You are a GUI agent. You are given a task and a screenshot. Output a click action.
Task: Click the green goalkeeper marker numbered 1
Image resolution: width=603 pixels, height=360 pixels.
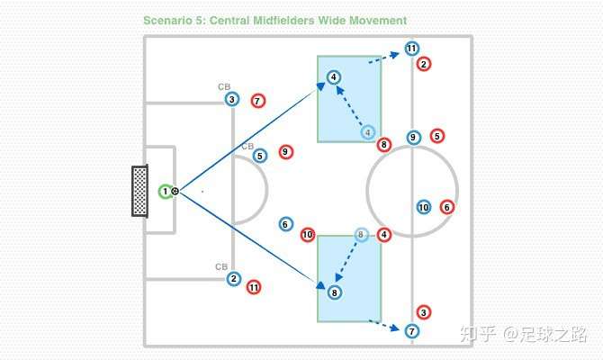pos(165,191)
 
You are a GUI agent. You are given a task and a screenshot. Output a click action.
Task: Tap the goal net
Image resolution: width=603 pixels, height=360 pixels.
pos(139,191)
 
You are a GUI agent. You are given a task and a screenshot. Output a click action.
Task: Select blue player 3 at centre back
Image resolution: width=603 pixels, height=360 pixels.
pos(232,100)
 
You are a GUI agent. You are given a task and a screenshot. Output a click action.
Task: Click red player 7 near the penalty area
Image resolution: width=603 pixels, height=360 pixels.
pos(258,101)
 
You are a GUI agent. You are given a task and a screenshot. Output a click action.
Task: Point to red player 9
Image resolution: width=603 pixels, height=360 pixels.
pos(286,152)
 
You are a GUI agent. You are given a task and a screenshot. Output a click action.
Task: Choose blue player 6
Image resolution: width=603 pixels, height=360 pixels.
pos(285,224)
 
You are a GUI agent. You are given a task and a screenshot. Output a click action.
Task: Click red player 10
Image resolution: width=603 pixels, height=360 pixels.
pos(308,235)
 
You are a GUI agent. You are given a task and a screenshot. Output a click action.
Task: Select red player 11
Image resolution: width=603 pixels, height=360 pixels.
pos(254,287)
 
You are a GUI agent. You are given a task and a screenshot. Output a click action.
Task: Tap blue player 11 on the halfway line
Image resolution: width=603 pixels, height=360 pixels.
pos(411,49)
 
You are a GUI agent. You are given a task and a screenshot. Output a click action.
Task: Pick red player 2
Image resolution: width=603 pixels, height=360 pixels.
pos(425,64)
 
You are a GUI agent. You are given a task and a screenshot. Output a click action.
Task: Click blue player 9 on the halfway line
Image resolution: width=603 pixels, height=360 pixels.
pos(413,138)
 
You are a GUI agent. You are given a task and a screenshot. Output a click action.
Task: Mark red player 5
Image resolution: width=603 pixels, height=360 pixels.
pos(437,136)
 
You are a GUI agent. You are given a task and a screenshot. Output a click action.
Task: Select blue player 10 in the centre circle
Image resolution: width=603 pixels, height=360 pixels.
pos(424,207)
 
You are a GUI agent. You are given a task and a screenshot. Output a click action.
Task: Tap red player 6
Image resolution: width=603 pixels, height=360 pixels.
pos(447,207)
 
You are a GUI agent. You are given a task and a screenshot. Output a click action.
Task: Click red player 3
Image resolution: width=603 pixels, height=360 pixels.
pos(425,311)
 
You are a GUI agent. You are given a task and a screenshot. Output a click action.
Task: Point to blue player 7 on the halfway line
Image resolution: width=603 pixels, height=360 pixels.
pos(411,331)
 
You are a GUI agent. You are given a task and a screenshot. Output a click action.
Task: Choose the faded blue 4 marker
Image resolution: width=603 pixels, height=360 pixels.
pos(368,132)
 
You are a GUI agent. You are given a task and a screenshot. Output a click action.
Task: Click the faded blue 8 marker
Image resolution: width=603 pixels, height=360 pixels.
pos(361,235)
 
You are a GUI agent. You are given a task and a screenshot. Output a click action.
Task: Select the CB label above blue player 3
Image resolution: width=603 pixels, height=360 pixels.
pos(224,87)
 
